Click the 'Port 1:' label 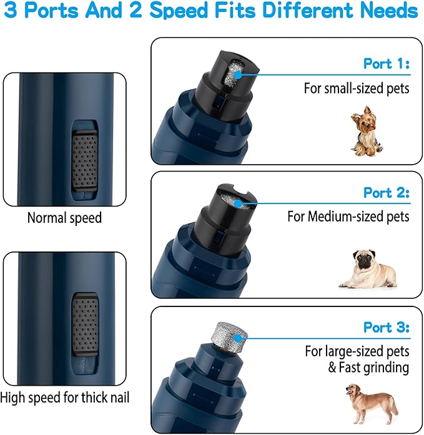pyautogui.click(x=386, y=64)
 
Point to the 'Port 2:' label pyautogui.click(x=386, y=193)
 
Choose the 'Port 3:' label pyautogui.click(x=386, y=327)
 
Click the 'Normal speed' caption pyautogui.click(x=64, y=218)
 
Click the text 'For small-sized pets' pyautogui.click(x=357, y=89)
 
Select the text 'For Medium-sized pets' pyautogui.click(x=348, y=217)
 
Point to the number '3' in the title pyautogui.click(x=11, y=11)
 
